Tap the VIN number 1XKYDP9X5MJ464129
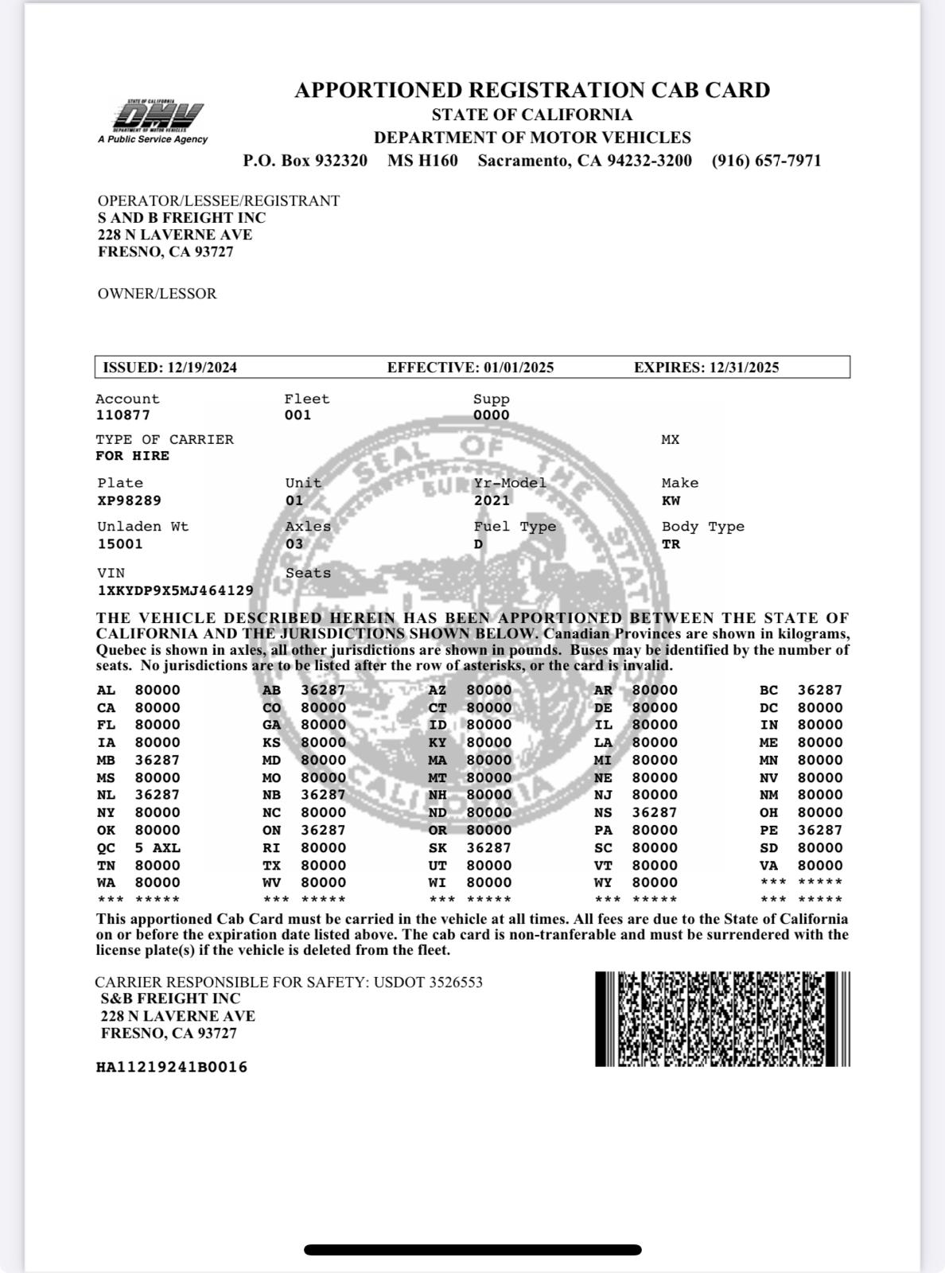(x=175, y=590)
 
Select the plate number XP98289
(x=129, y=500)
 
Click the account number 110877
(x=122, y=415)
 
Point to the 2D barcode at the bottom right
(x=722, y=1018)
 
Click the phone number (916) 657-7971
(x=766, y=161)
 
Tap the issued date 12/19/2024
(x=202, y=368)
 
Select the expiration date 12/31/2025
(x=742, y=368)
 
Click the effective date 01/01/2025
(x=518, y=368)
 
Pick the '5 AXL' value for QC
(x=157, y=848)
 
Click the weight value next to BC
(x=819, y=690)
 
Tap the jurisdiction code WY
(x=603, y=882)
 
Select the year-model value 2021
(x=492, y=500)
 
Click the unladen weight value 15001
(x=120, y=544)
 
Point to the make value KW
(x=671, y=500)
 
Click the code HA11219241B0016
(x=171, y=1067)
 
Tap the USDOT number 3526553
(x=455, y=983)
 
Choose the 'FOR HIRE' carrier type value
(x=132, y=456)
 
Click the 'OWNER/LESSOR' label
(x=157, y=294)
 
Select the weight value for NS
(x=654, y=812)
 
